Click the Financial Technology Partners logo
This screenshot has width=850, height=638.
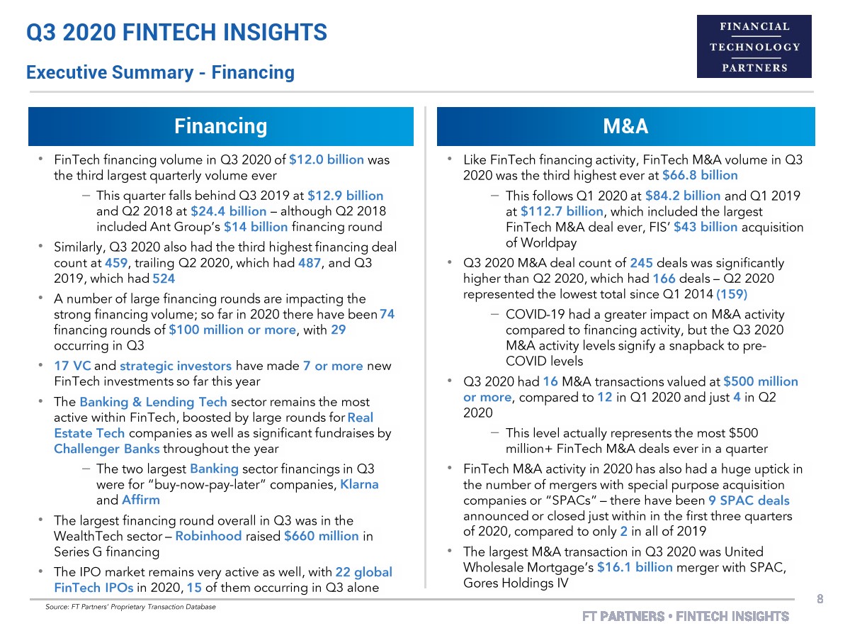754,46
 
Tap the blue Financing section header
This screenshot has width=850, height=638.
220,126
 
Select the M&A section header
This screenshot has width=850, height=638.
626,126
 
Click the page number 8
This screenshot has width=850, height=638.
820,599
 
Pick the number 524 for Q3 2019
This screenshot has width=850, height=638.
164,279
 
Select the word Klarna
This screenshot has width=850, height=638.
359,484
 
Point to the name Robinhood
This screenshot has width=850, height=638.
208,536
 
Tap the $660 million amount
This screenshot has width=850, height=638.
321,536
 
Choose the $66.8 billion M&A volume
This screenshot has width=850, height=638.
700,175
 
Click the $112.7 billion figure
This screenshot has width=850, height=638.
562,211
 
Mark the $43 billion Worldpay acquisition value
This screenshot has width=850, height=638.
705,227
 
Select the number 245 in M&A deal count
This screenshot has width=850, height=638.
599,263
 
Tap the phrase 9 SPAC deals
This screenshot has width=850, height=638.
749,500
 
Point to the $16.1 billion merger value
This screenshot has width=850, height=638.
635,568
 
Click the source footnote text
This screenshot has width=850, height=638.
130,607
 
